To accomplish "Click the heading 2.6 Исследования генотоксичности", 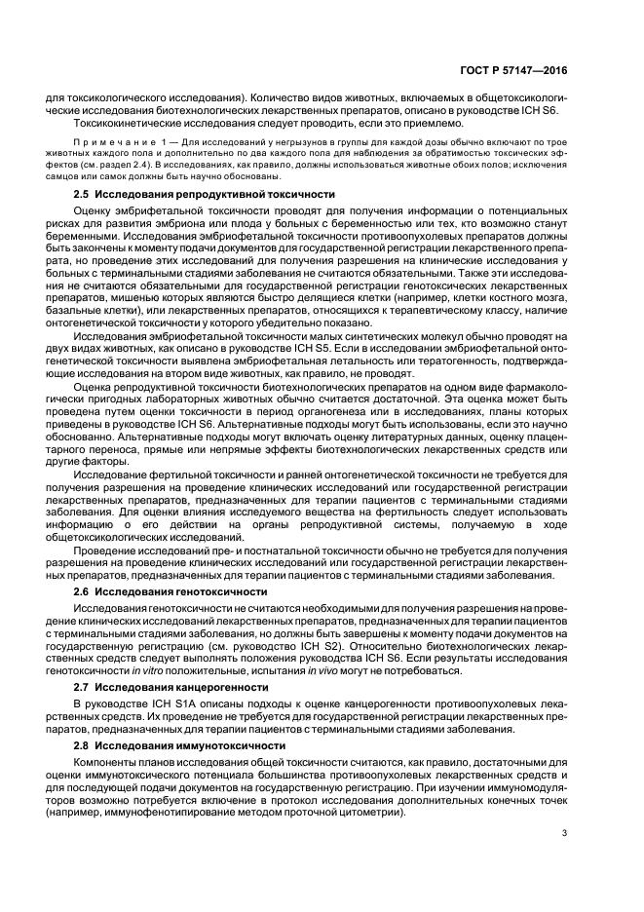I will tap(170, 591).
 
